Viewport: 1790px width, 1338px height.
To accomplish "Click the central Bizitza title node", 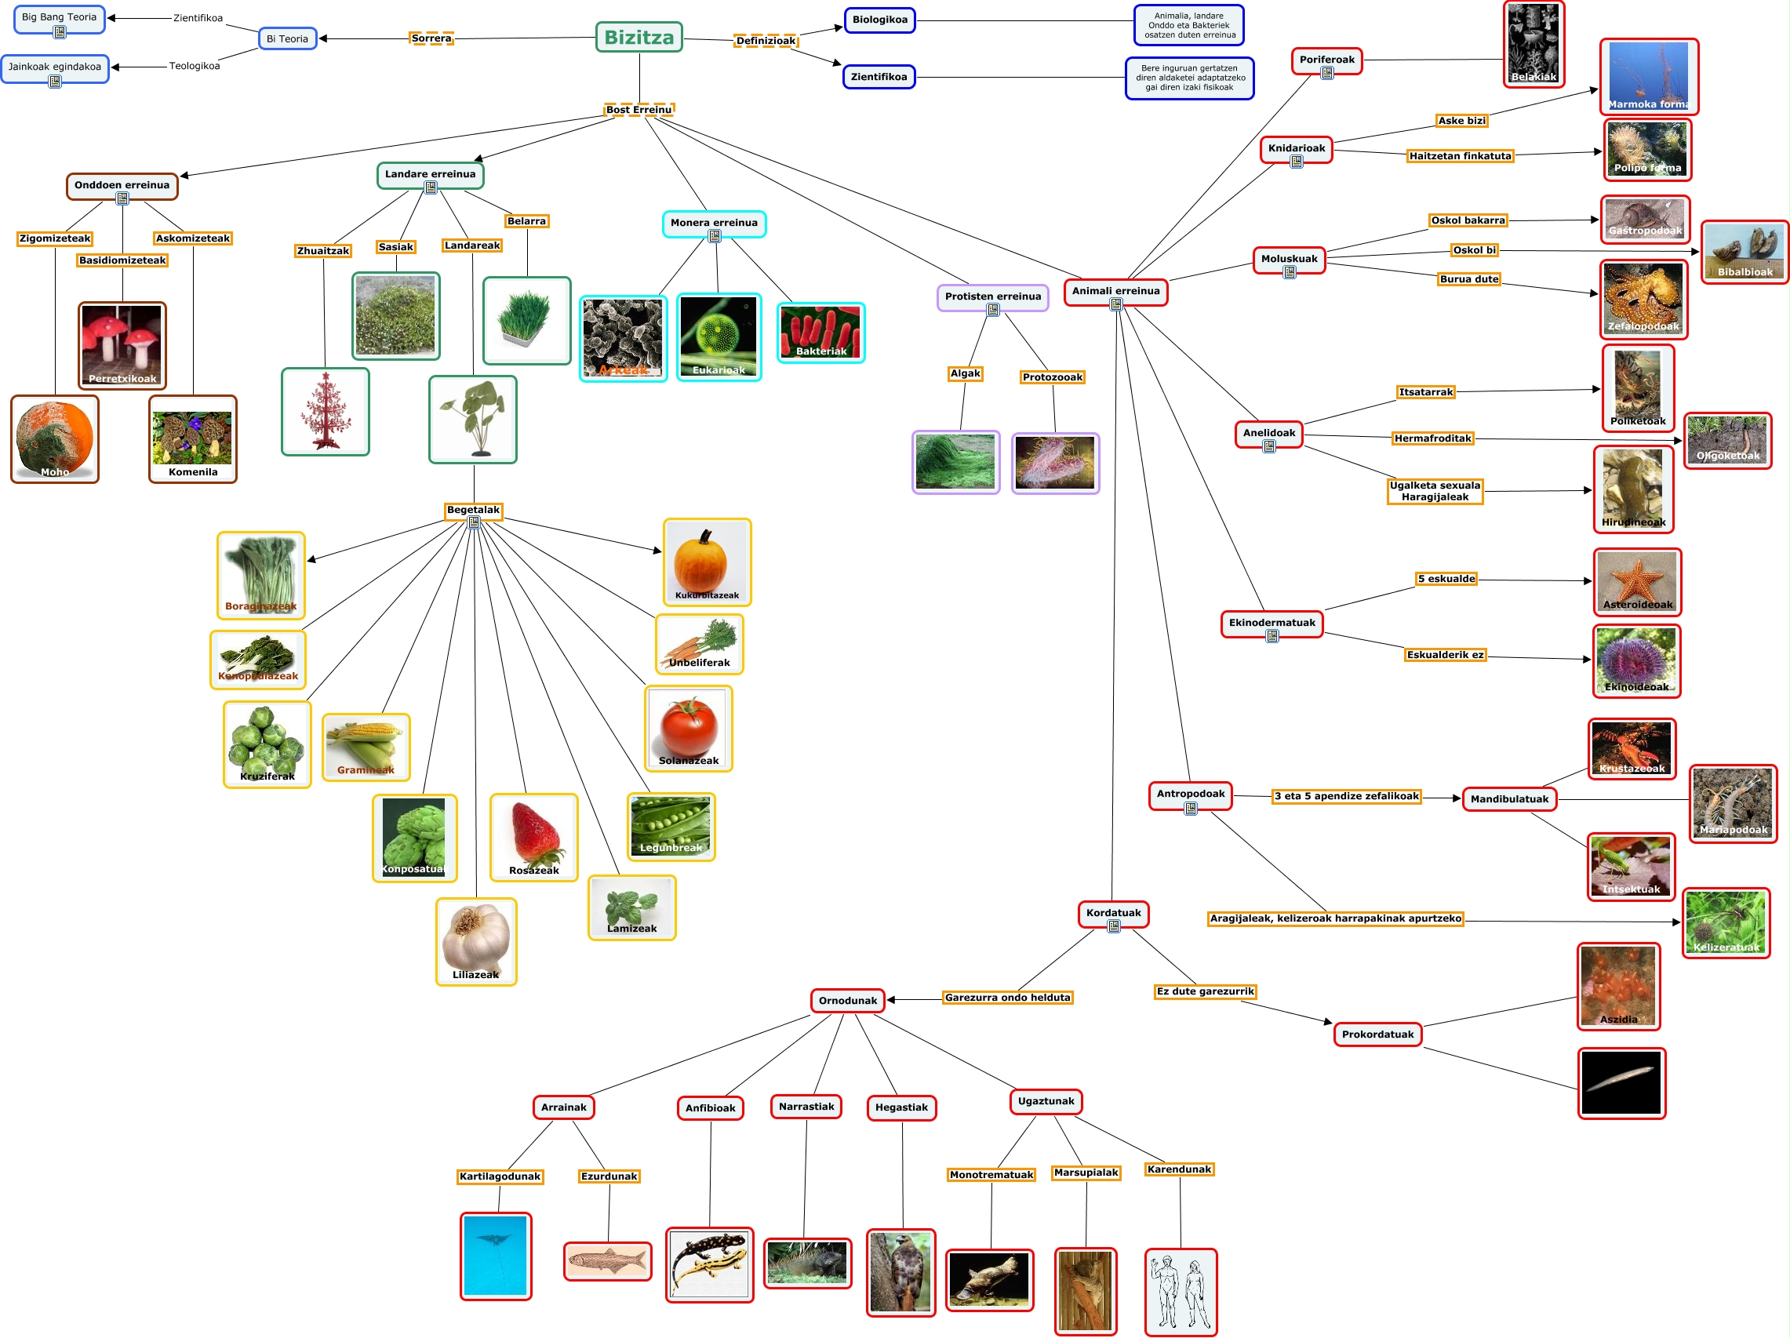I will tap(639, 37).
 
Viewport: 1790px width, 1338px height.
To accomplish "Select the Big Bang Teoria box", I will tap(59, 18).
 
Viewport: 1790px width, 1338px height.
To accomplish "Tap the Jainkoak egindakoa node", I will tap(54, 67).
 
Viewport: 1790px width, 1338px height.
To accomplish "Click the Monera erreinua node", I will tap(714, 223).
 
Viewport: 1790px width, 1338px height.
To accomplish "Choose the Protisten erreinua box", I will tap(992, 296).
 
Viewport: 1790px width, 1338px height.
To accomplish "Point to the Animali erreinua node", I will tap(1115, 290).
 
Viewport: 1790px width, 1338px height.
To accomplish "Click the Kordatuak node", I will tap(1113, 912).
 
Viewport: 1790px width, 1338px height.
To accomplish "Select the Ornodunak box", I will tap(847, 1001).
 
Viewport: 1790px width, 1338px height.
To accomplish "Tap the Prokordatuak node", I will tap(1377, 1034).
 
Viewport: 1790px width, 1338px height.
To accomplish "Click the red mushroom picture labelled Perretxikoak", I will tap(122, 344).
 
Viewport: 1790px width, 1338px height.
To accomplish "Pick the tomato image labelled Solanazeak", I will tap(689, 727).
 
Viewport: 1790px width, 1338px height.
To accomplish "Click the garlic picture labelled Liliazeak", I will tap(476, 940).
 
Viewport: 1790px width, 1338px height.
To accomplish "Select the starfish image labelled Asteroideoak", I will tap(1636, 582).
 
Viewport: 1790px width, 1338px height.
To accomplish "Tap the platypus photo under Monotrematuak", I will tap(989, 1280).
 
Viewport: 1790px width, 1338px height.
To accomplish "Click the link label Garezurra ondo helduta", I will tap(1007, 998).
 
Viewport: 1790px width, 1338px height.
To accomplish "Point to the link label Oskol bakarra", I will tap(1468, 220).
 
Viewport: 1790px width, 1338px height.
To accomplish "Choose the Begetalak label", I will tap(474, 510).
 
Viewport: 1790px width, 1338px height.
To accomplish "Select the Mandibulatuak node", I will tap(1509, 799).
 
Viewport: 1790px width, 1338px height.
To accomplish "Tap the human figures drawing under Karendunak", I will tap(1181, 1291).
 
